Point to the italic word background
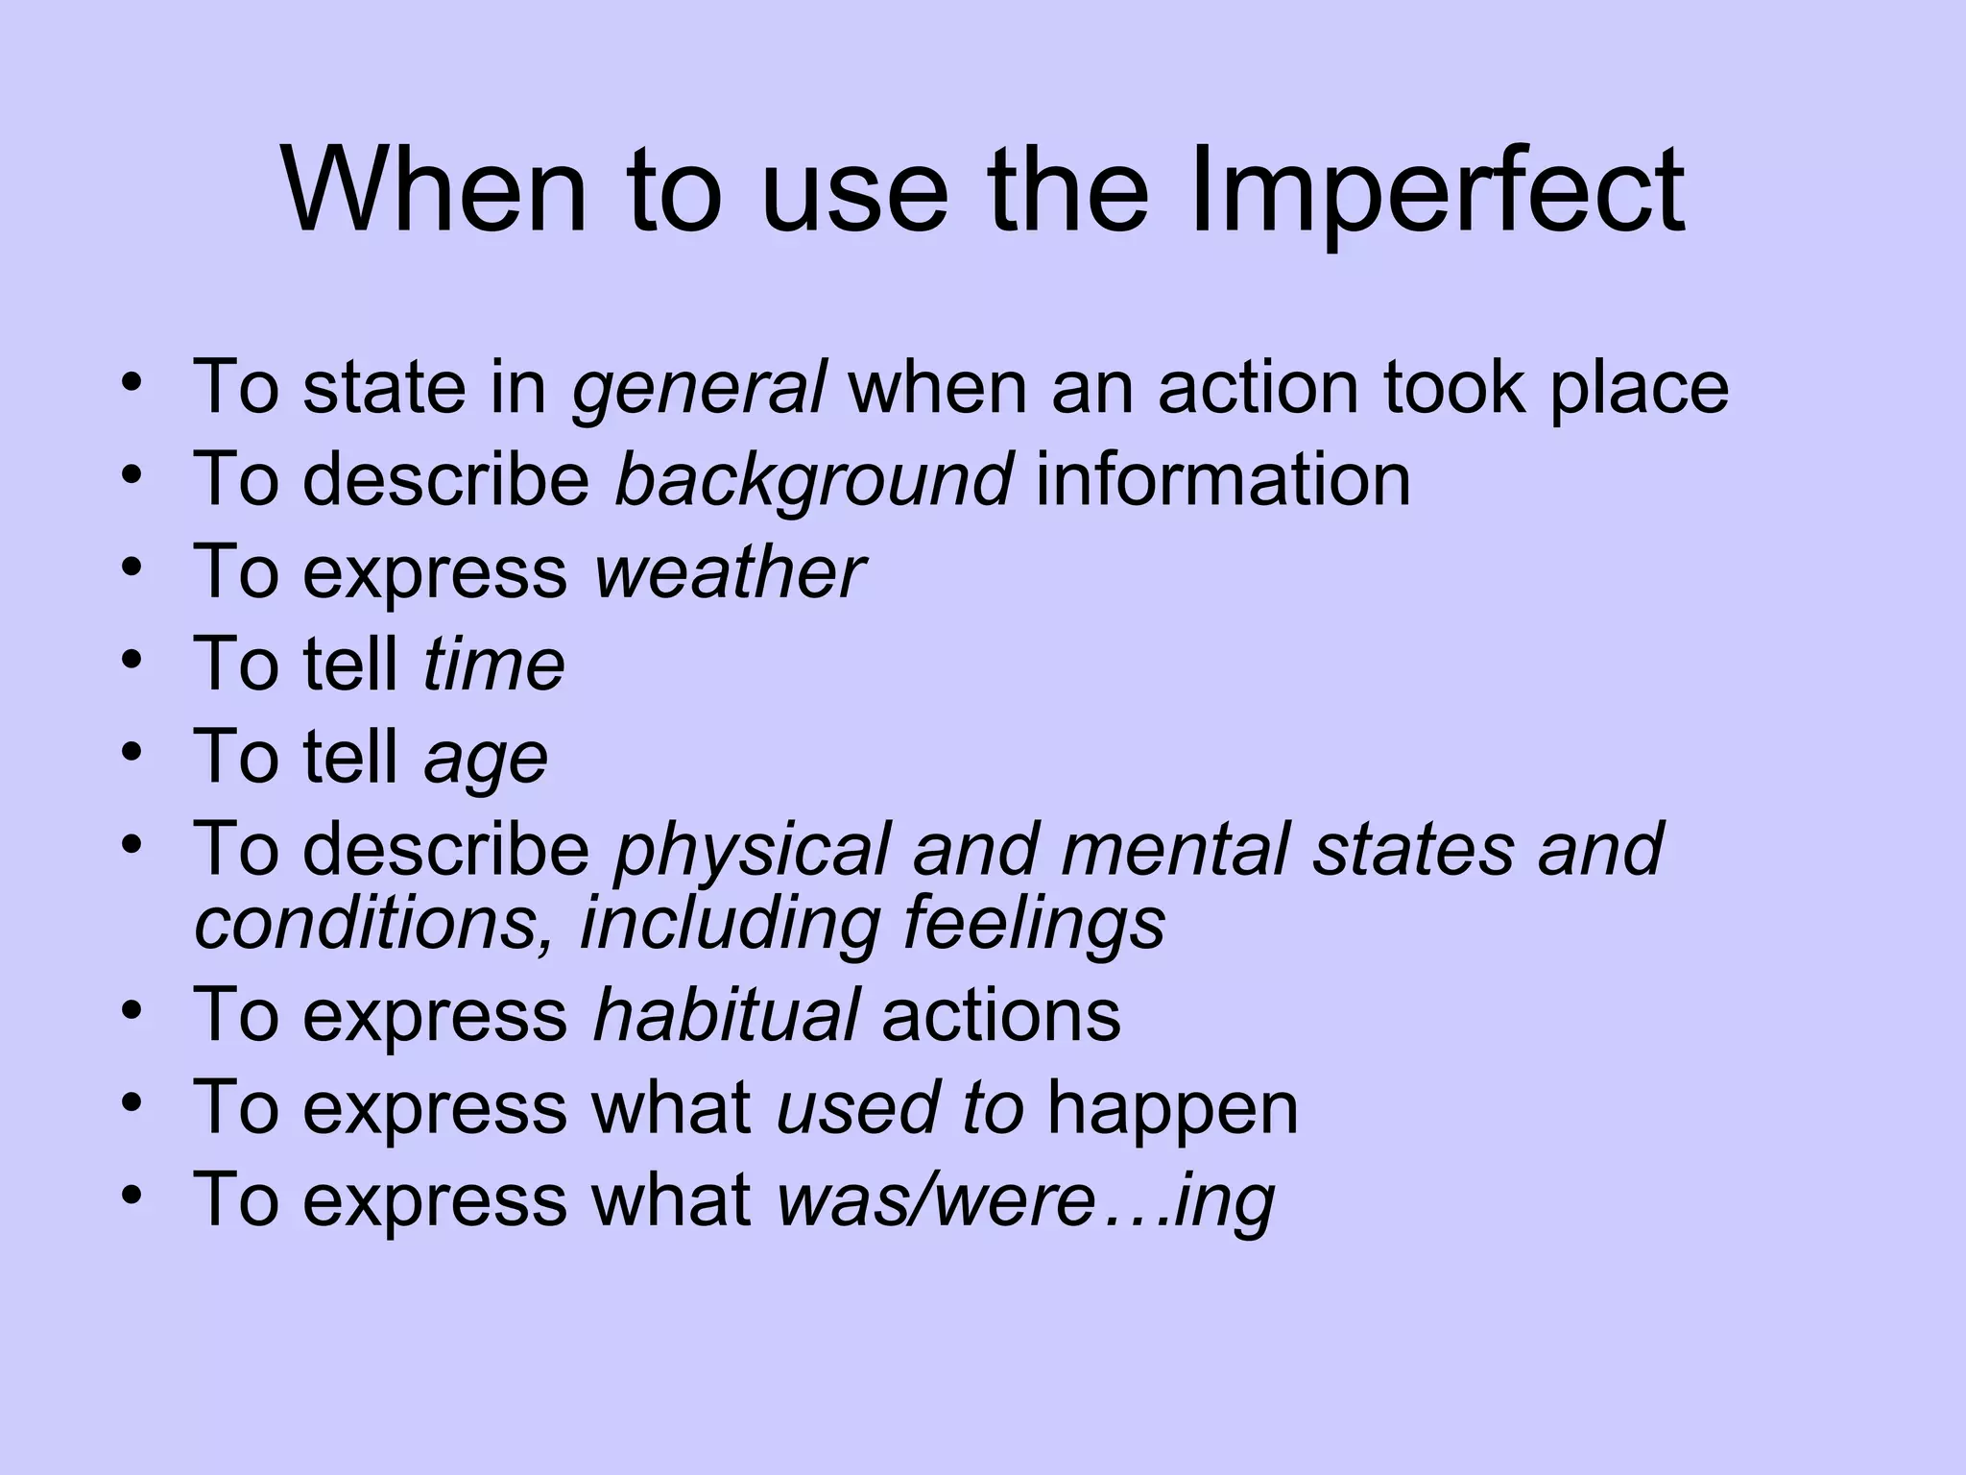(812, 480)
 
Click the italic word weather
(729, 572)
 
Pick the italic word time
(493, 665)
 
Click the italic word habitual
(726, 1015)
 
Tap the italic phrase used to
(899, 1107)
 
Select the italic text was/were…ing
(1025, 1200)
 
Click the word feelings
(1034, 924)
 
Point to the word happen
(1172, 1109)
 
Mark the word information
(1223, 480)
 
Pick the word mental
(1176, 850)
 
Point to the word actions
(1000, 1015)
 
